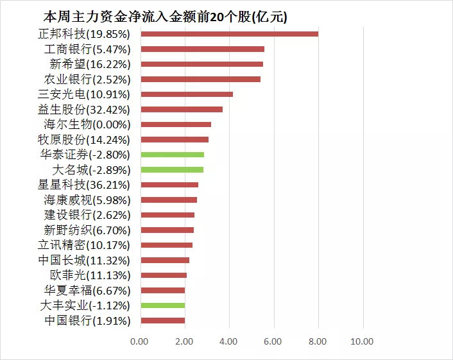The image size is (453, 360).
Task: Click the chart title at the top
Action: coord(165,17)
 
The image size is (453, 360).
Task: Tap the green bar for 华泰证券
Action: coord(172,155)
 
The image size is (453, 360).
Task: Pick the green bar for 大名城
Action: coord(171,170)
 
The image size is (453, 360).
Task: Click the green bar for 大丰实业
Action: coord(162,305)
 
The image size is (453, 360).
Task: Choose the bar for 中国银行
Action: coord(162,321)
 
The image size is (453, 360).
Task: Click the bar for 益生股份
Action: coord(181,109)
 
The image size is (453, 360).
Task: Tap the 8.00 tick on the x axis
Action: coord(318,341)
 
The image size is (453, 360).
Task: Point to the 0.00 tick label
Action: coord(139,341)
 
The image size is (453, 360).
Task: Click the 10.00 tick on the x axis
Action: coord(363,341)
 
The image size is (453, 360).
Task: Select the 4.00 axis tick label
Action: coord(229,341)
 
